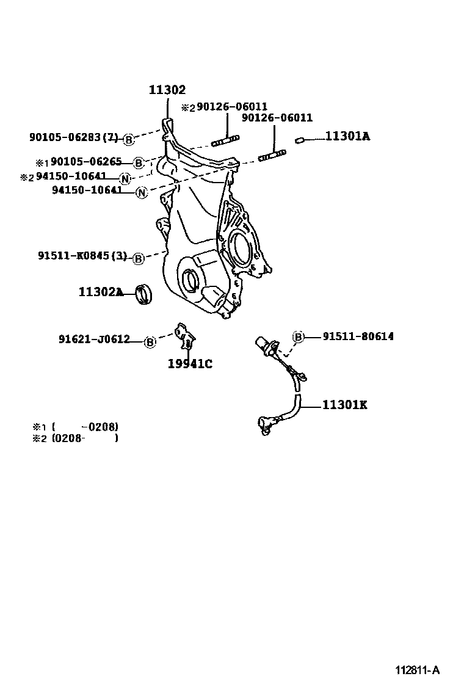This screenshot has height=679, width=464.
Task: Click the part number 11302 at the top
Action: pos(167,90)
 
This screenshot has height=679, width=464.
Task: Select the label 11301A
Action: pos(347,137)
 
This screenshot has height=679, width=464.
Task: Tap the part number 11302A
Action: pos(101,292)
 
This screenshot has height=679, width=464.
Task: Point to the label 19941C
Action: pos(190,365)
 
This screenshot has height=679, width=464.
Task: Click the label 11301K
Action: pos(345,405)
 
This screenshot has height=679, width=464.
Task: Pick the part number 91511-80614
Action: pos(358,336)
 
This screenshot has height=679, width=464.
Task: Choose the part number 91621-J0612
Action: pos(94,339)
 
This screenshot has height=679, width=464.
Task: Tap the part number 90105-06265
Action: pos(86,162)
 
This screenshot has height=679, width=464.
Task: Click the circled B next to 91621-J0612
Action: pos(150,341)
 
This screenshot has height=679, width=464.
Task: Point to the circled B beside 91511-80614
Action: pos(299,336)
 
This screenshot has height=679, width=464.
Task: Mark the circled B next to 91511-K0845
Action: pos(138,258)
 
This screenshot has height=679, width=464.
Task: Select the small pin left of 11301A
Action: pos(299,140)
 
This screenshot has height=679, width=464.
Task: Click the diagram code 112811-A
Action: pos(418,670)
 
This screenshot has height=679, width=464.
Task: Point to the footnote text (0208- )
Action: pos(85,438)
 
